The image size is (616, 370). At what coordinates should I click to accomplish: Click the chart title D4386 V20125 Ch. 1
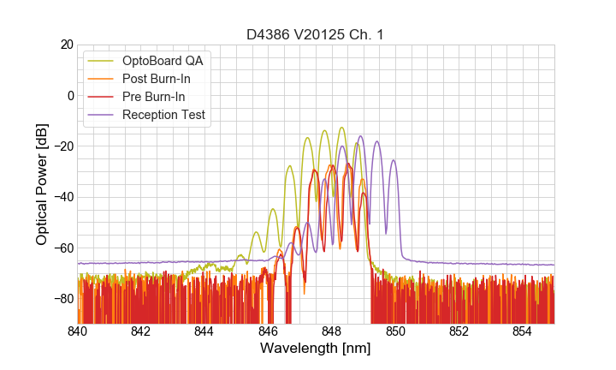[x=315, y=34]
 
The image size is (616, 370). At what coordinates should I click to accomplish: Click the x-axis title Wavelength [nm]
[x=315, y=349]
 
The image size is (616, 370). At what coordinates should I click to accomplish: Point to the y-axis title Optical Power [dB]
[x=42, y=184]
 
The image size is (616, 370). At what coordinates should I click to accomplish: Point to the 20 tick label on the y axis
[x=66, y=45]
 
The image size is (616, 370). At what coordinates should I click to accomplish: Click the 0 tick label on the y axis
[x=69, y=95]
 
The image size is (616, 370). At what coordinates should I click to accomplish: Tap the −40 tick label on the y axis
[x=62, y=197]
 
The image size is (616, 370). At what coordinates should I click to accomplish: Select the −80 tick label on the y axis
[x=62, y=299]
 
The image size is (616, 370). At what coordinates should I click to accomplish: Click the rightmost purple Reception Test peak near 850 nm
[x=394, y=160]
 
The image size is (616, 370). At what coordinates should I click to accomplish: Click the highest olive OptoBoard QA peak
[x=341, y=128]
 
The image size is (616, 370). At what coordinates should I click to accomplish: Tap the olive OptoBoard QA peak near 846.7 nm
[x=290, y=165]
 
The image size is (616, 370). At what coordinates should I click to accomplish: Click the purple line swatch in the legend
[x=102, y=115]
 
